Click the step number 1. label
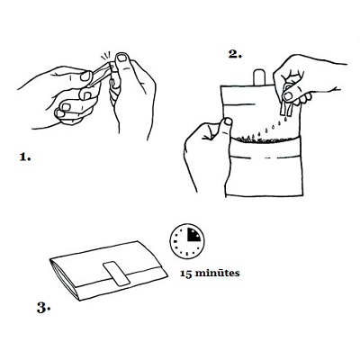25,157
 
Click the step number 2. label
235,54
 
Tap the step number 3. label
43,308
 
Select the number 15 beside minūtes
185,274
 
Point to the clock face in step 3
187,240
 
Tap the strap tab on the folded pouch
116,274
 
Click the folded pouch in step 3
108,271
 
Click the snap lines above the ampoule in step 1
106,55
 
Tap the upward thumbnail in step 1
122,58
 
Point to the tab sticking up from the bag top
258,77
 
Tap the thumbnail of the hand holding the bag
228,121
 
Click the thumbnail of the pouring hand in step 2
288,96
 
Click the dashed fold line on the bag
266,157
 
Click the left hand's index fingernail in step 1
85,76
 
